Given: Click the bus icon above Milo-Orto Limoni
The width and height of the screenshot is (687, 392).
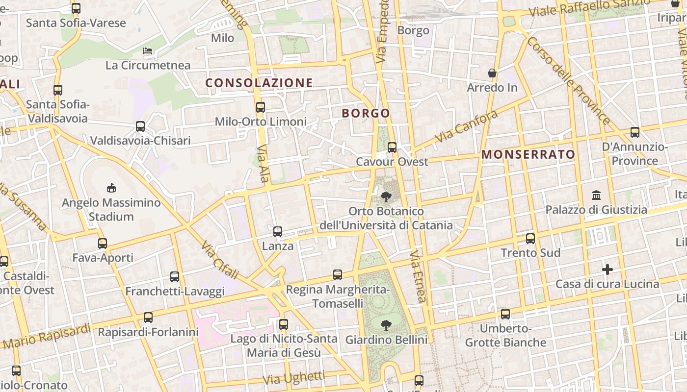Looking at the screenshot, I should pyautogui.click(x=261, y=107).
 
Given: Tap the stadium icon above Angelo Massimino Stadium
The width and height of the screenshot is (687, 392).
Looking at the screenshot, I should pyautogui.click(x=111, y=188).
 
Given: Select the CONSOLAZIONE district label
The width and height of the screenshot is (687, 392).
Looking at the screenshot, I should pyautogui.click(x=259, y=83).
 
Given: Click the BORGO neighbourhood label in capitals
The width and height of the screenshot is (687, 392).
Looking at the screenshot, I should pyautogui.click(x=366, y=113).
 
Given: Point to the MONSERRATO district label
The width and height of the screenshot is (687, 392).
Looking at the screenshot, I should pyautogui.click(x=528, y=154).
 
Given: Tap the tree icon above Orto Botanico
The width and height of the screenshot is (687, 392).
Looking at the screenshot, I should pyautogui.click(x=386, y=197).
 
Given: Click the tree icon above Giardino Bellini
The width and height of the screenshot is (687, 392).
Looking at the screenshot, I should pyautogui.click(x=386, y=324).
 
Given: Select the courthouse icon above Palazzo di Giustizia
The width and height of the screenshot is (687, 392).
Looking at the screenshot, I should pyautogui.click(x=596, y=196).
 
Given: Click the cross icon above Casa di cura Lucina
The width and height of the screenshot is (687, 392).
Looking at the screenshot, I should pyautogui.click(x=608, y=269).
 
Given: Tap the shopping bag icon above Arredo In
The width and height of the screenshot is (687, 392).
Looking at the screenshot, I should pyautogui.click(x=492, y=73).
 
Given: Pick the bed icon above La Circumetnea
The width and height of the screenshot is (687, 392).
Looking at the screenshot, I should pyautogui.click(x=148, y=51).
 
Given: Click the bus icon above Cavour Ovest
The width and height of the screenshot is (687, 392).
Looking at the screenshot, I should pyautogui.click(x=392, y=147).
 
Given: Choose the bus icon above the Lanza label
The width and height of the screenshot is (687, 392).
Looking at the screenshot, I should pyautogui.click(x=278, y=232).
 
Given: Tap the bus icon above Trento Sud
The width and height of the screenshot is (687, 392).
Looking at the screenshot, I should pyautogui.click(x=530, y=239).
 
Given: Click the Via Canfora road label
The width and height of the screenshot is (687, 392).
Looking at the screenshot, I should pyautogui.click(x=466, y=126).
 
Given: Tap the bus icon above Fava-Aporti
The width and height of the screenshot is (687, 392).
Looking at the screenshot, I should pyautogui.click(x=103, y=243).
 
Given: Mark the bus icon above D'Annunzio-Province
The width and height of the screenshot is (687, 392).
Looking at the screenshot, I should pyautogui.click(x=635, y=132).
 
